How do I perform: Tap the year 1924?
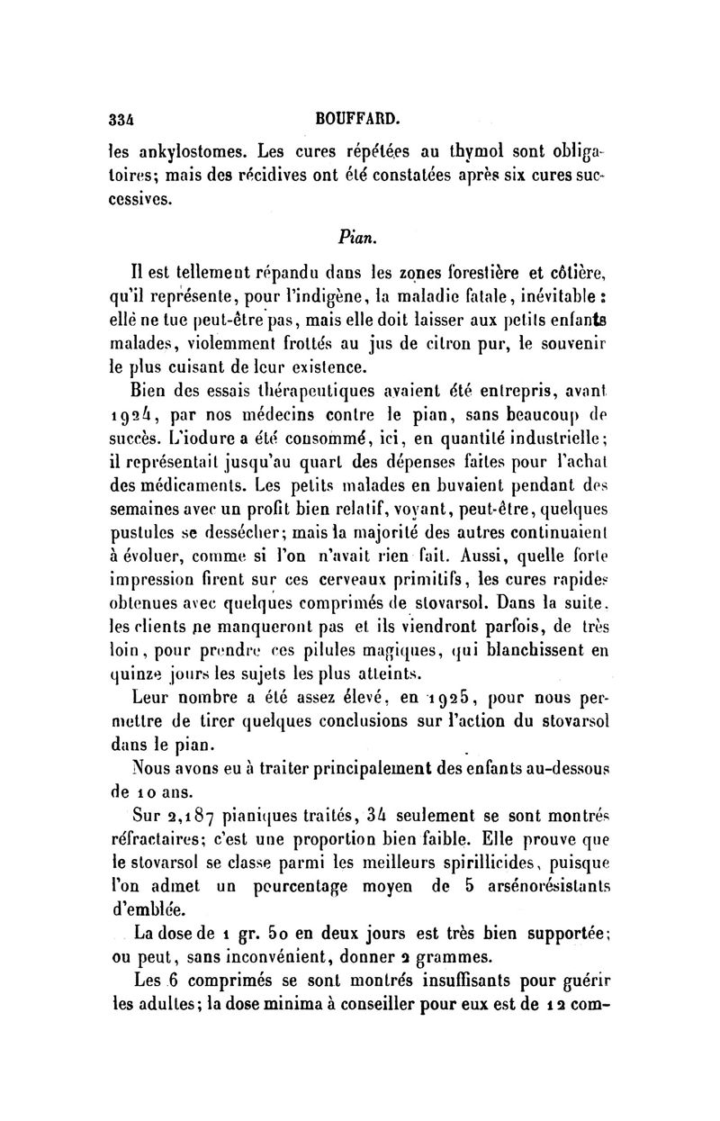[131, 418]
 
